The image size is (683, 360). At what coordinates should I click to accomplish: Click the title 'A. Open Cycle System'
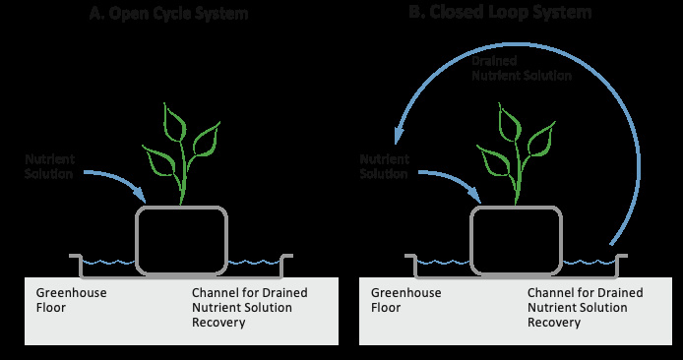point(168,13)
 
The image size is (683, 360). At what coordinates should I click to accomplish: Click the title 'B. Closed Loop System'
point(500,12)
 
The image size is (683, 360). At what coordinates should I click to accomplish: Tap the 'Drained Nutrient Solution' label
point(522,68)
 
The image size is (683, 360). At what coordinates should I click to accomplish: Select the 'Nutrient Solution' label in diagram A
point(49,166)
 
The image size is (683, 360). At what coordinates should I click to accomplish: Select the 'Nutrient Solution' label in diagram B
point(384,166)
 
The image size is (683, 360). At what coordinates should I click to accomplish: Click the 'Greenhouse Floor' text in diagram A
point(71,300)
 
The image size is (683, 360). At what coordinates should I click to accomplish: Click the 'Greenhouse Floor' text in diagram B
point(406,300)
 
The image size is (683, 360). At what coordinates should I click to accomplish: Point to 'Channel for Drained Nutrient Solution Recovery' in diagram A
point(250,307)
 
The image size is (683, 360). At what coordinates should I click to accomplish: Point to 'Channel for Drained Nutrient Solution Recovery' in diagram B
point(585,307)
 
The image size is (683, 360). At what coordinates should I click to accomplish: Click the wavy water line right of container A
point(254,263)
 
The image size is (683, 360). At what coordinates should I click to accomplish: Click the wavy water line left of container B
point(443,263)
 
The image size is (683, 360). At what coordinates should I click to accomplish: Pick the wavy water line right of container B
point(589,263)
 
